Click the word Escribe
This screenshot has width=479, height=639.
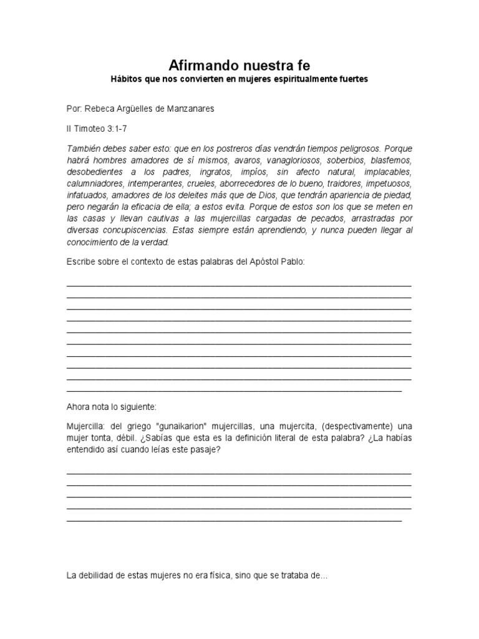pos(82,262)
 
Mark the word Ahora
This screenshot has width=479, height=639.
pos(79,406)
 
